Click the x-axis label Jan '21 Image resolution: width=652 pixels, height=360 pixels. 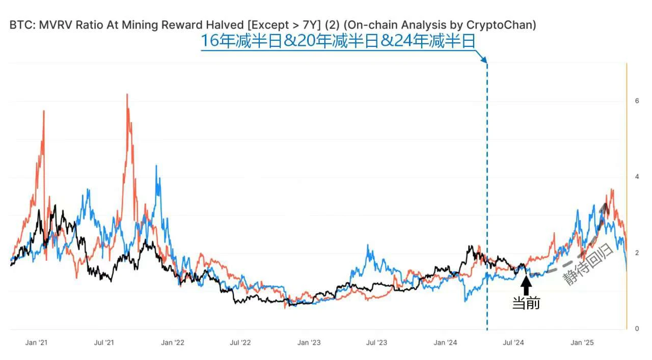(x=36, y=343)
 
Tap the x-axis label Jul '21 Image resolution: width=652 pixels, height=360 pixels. (x=104, y=343)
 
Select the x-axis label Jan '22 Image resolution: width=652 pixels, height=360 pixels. (x=173, y=343)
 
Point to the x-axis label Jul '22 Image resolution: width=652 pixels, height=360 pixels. (x=240, y=343)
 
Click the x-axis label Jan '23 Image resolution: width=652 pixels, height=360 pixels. (x=309, y=343)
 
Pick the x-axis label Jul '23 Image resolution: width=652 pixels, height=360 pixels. (x=376, y=343)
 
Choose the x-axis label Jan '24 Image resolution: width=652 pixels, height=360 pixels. (x=445, y=343)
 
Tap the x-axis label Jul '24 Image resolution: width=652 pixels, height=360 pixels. (x=513, y=343)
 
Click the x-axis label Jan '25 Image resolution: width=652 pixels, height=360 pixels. (x=582, y=343)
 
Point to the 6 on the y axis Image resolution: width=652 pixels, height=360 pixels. (x=637, y=101)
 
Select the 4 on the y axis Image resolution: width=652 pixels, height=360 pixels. (x=637, y=177)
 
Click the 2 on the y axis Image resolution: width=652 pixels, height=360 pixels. (x=637, y=253)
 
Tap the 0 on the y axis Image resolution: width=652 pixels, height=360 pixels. (x=637, y=329)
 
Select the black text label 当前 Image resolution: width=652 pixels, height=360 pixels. (x=526, y=303)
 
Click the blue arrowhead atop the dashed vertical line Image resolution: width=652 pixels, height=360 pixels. (x=484, y=60)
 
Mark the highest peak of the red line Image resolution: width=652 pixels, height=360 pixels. (x=127, y=95)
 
